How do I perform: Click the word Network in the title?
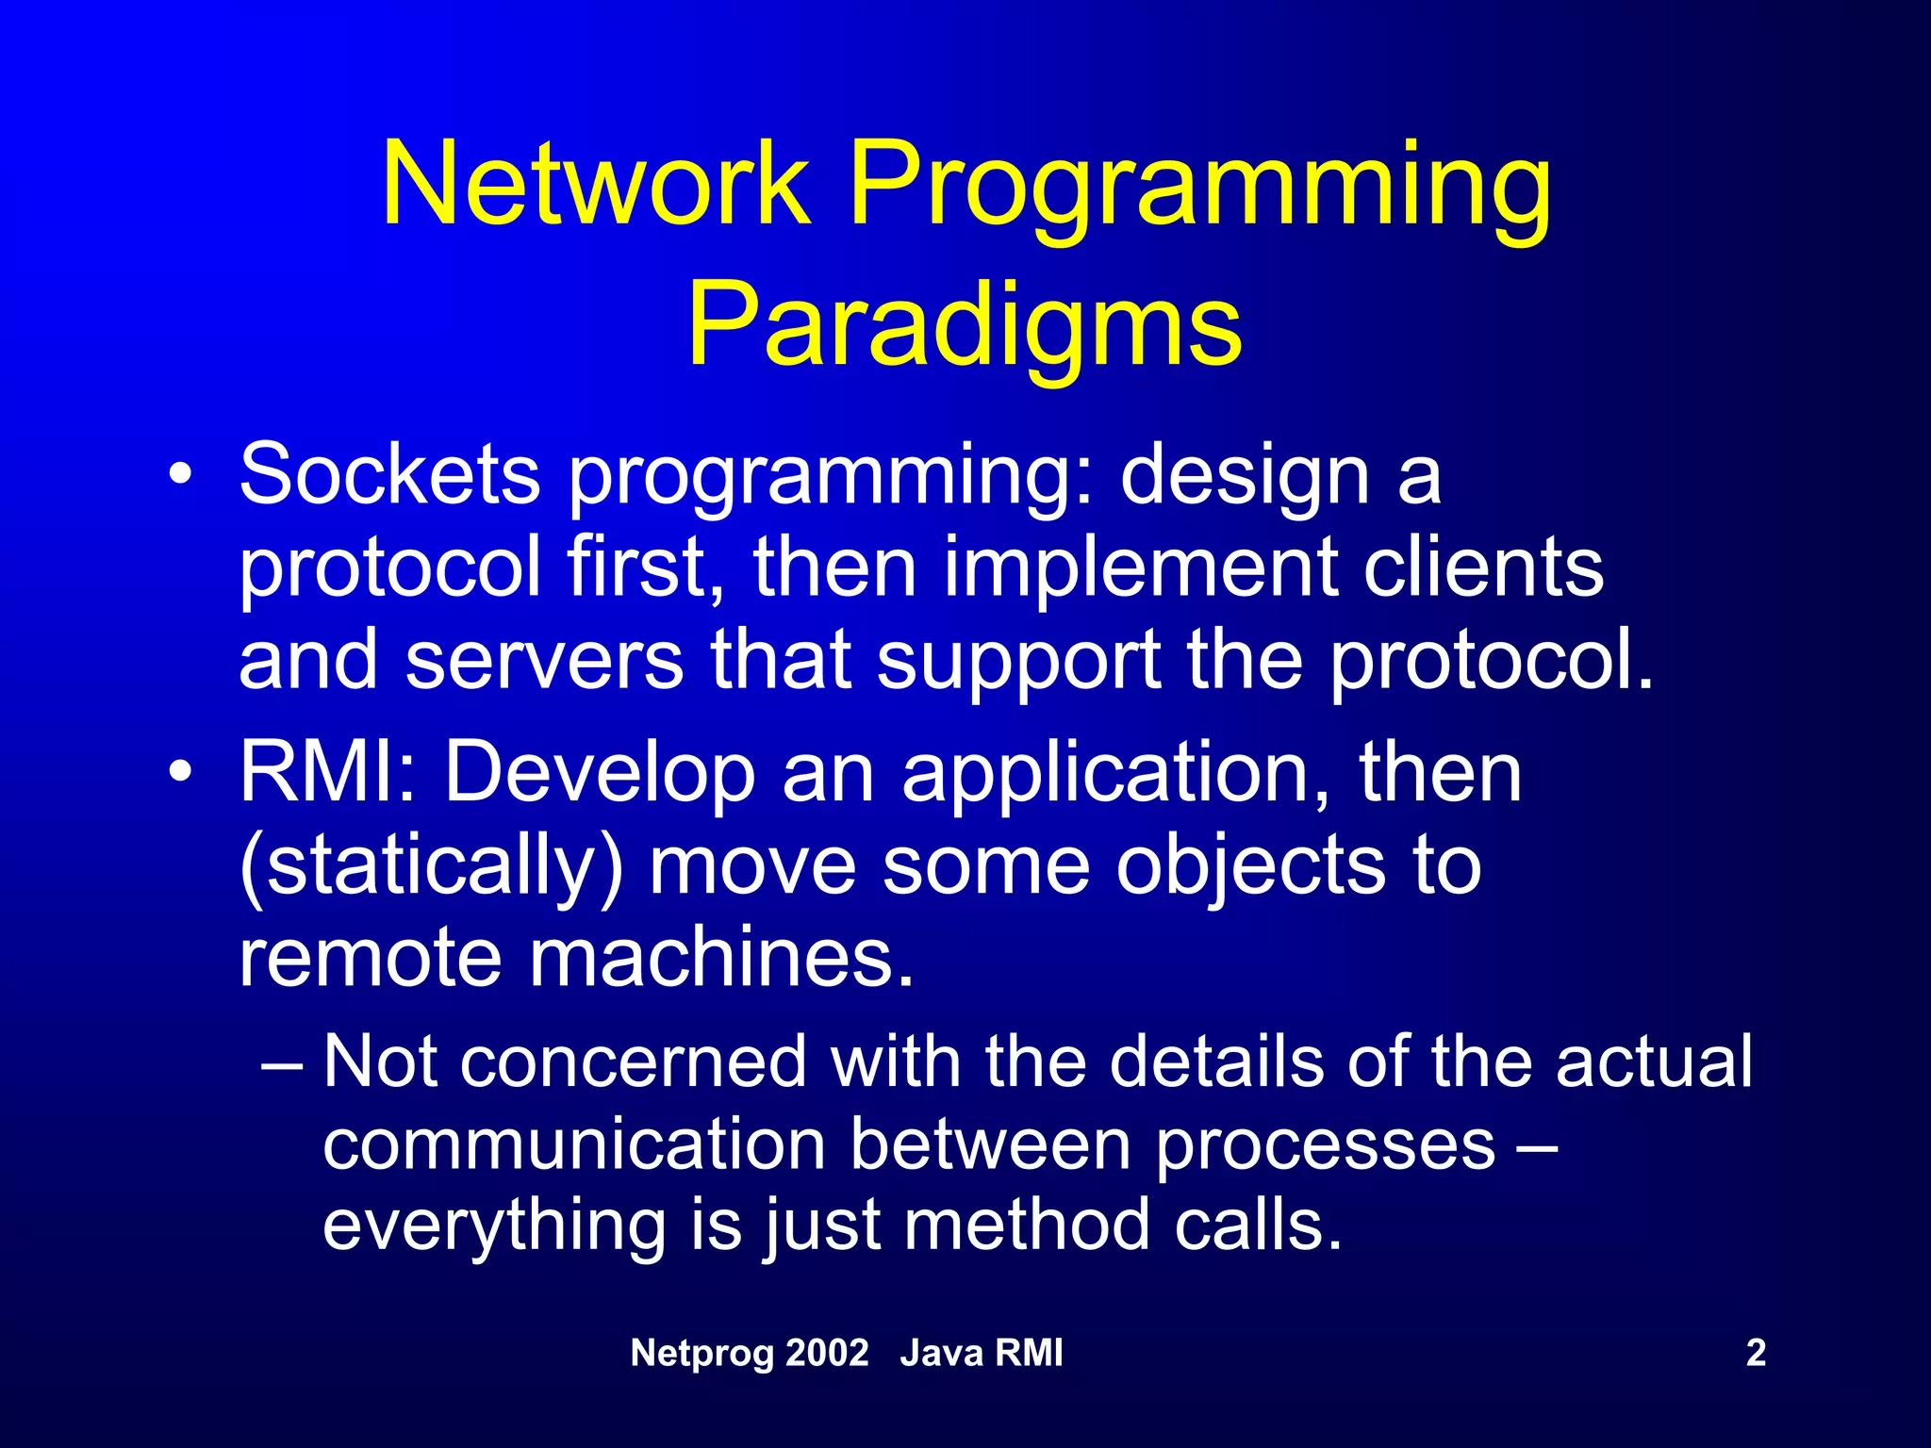click(596, 185)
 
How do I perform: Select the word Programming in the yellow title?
click(1199, 189)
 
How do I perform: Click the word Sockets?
click(389, 474)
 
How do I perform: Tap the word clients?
click(1482, 568)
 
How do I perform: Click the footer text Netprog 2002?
click(749, 1354)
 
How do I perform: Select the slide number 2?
click(1756, 1354)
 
